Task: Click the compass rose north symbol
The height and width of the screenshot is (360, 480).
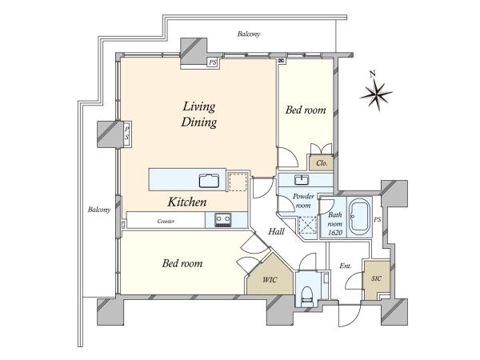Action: pos(376,93)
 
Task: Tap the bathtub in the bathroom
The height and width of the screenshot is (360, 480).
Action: pos(360,217)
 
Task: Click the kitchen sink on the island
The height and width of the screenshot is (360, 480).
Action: pos(209,180)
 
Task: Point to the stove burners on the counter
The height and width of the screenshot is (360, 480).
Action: pos(223,220)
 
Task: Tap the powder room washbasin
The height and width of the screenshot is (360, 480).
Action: pos(302,179)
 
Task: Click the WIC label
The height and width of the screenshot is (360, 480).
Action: pos(270,279)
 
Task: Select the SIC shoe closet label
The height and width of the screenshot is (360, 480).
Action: pos(376,278)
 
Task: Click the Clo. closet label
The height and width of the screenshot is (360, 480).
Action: pos(322,163)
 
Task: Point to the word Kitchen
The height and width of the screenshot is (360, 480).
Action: pos(187,202)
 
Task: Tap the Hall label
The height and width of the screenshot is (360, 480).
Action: pos(276,231)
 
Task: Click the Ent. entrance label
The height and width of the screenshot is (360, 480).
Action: pos(346,266)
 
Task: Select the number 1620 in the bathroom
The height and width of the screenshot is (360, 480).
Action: pos(335,233)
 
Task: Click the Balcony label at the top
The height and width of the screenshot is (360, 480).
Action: pos(249,34)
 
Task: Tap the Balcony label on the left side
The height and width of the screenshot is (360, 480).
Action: pos(99,210)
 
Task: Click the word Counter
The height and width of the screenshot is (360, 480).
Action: pos(166,221)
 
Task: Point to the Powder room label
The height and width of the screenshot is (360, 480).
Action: pos(303,201)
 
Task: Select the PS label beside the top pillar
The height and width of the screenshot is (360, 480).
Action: pos(213,62)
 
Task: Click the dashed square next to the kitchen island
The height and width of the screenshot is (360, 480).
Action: pos(238,182)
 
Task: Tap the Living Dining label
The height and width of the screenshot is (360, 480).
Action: pos(199,114)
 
